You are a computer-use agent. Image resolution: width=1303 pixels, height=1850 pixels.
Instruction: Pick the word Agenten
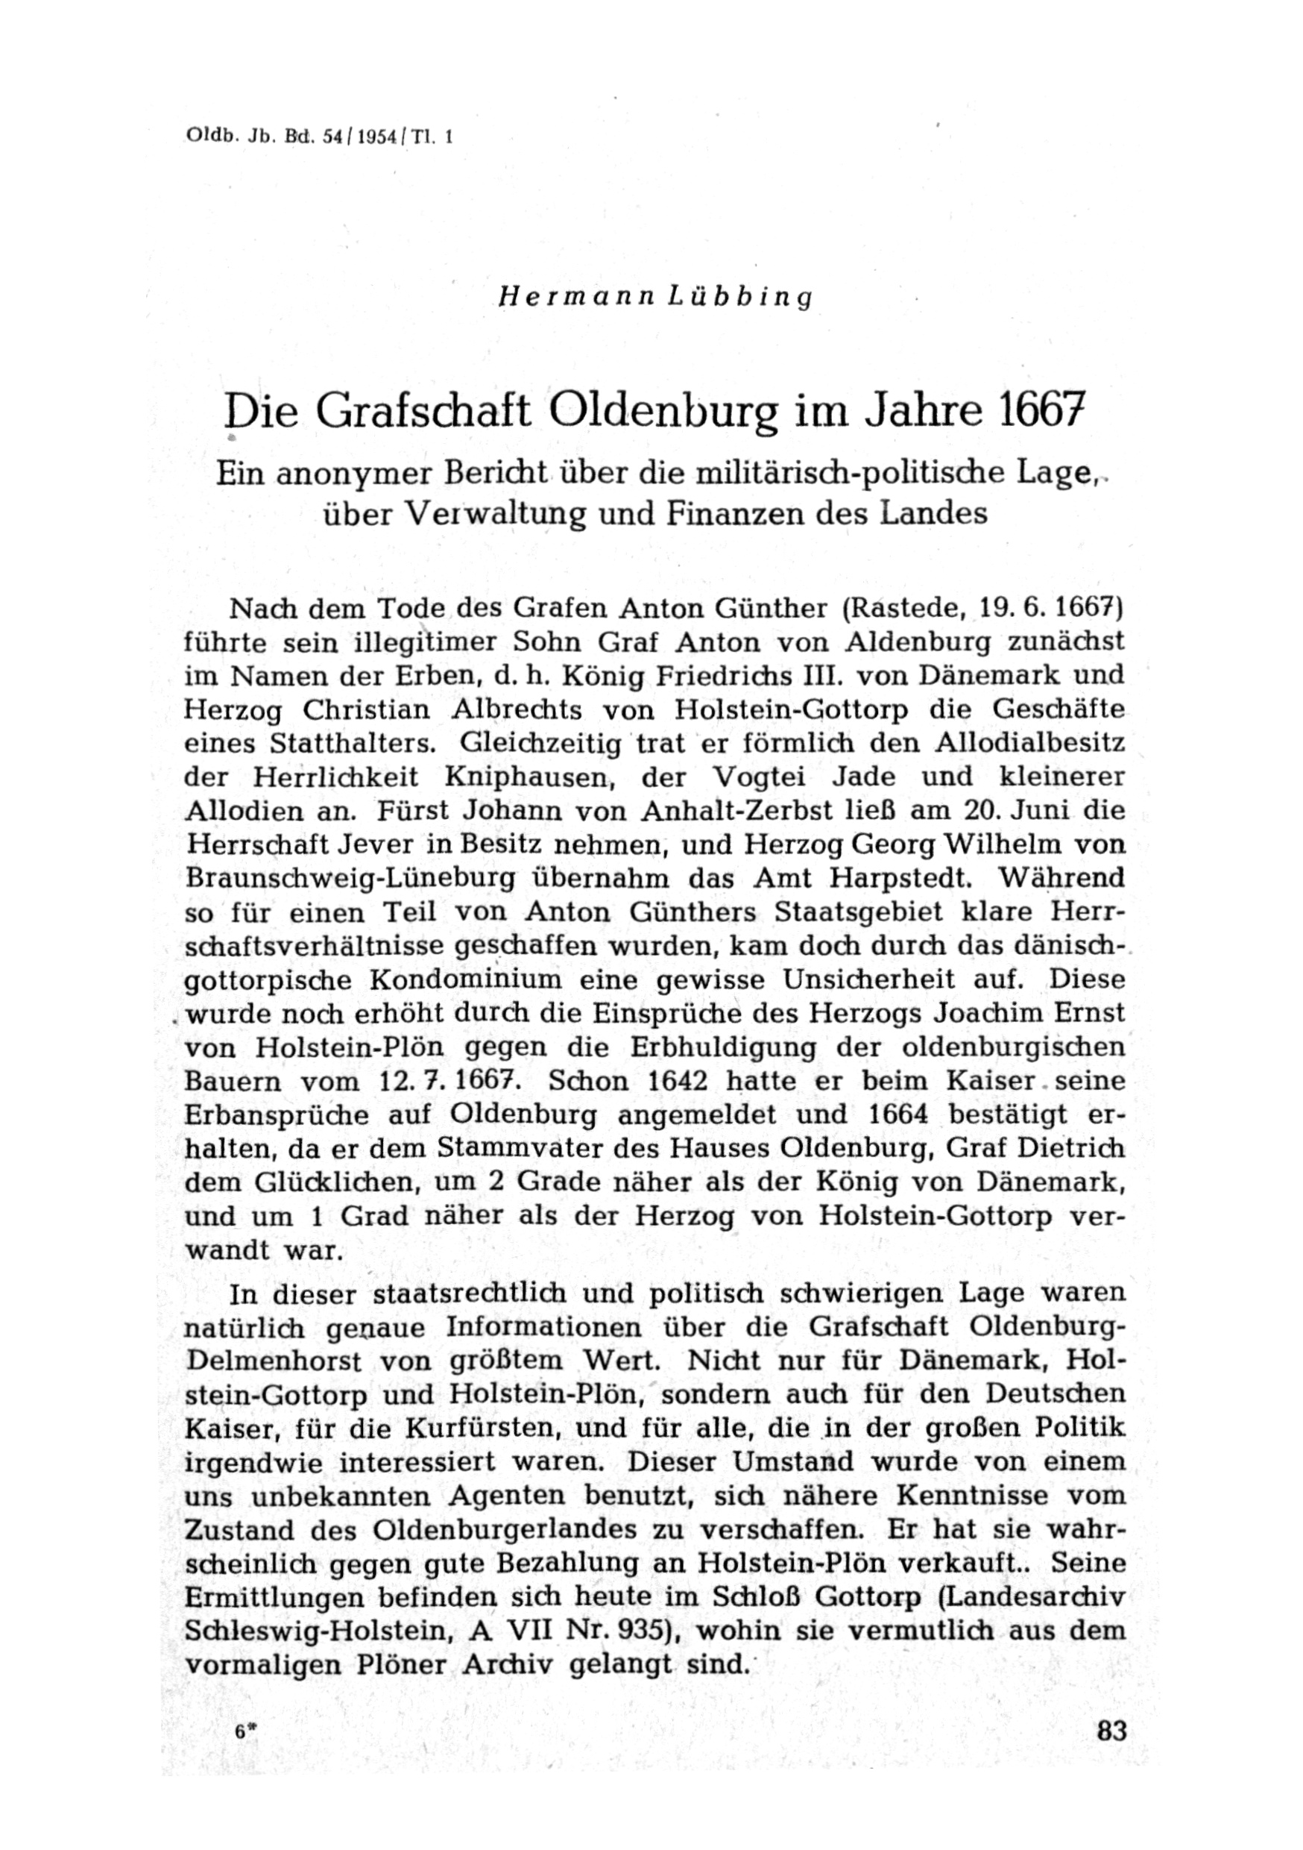[x=508, y=1496]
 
